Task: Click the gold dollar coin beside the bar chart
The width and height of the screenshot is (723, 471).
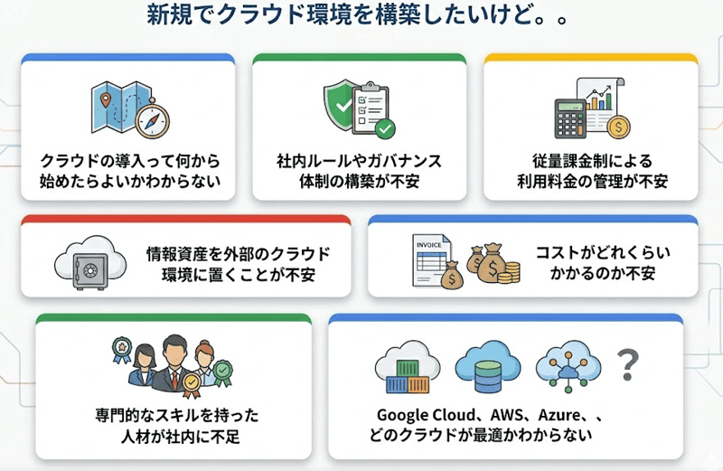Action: tap(620, 127)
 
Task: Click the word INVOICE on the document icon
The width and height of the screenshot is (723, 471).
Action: tap(428, 244)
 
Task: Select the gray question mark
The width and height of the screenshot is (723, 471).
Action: tap(626, 365)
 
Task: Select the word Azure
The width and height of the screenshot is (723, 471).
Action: tap(560, 415)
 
